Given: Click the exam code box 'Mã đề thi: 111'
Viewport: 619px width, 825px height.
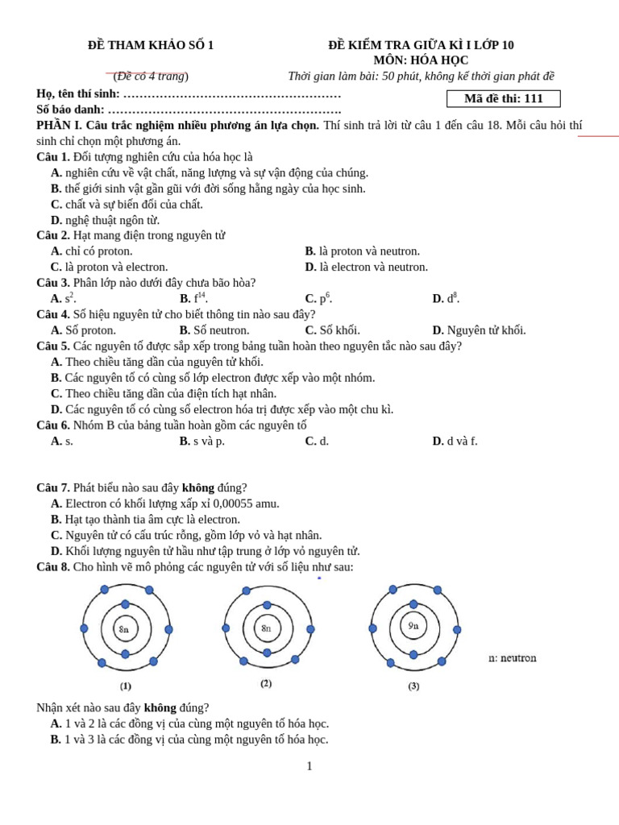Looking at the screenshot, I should click(503, 98).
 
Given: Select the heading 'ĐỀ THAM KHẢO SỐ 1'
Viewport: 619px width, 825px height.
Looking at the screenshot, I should click(151, 45).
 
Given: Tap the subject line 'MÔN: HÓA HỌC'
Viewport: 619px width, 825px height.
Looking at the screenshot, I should click(421, 60).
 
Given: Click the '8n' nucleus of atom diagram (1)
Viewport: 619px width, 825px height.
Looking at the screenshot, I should click(124, 629).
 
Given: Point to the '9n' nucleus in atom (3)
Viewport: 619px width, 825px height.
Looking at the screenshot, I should click(413, 626).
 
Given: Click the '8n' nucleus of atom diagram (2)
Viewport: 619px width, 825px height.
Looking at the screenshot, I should click(266, 628).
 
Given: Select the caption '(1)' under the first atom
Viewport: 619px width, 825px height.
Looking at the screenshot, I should click(126, 686).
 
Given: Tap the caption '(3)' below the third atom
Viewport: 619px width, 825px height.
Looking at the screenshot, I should click(413, 686).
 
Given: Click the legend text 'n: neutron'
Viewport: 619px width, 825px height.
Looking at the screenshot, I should click(512, 658).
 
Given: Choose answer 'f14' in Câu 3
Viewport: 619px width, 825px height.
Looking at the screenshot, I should click(199, 299).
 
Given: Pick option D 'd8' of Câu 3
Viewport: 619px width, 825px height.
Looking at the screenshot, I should click(452, 299).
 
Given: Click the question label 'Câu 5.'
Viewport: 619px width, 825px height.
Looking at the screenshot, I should click(53, 346).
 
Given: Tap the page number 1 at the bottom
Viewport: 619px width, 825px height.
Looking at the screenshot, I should click(309, 766).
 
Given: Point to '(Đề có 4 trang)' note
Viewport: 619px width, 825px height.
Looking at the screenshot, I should click(151, 77).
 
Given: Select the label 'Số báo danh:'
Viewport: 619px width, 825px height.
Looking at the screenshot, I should click(71, 110).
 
